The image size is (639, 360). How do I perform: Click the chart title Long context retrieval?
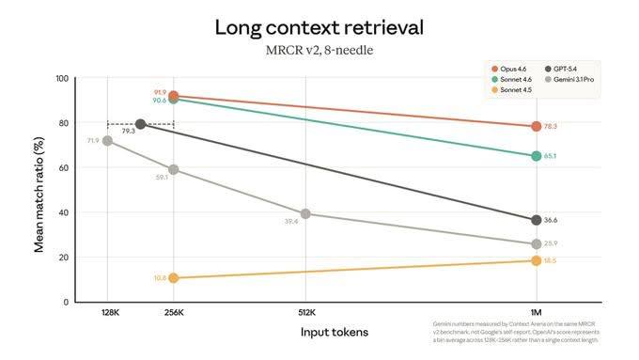(x=319, y=26)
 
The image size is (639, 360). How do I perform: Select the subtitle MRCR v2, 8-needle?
(x=319, y=50)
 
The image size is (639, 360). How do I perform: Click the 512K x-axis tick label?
(x=305, y=312)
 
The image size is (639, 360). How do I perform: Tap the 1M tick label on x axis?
(x=536, y=312)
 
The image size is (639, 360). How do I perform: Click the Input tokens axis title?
(x=334, y=333)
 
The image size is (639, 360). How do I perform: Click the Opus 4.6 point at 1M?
(x=536, y=126)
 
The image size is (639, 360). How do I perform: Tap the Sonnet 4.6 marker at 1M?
(x=536, y=156)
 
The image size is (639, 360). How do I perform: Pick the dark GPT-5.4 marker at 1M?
(x=536, y=220)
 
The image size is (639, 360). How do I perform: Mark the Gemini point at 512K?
(x=305, y=213)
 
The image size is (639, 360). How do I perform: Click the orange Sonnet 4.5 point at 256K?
(x=173, y=277)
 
